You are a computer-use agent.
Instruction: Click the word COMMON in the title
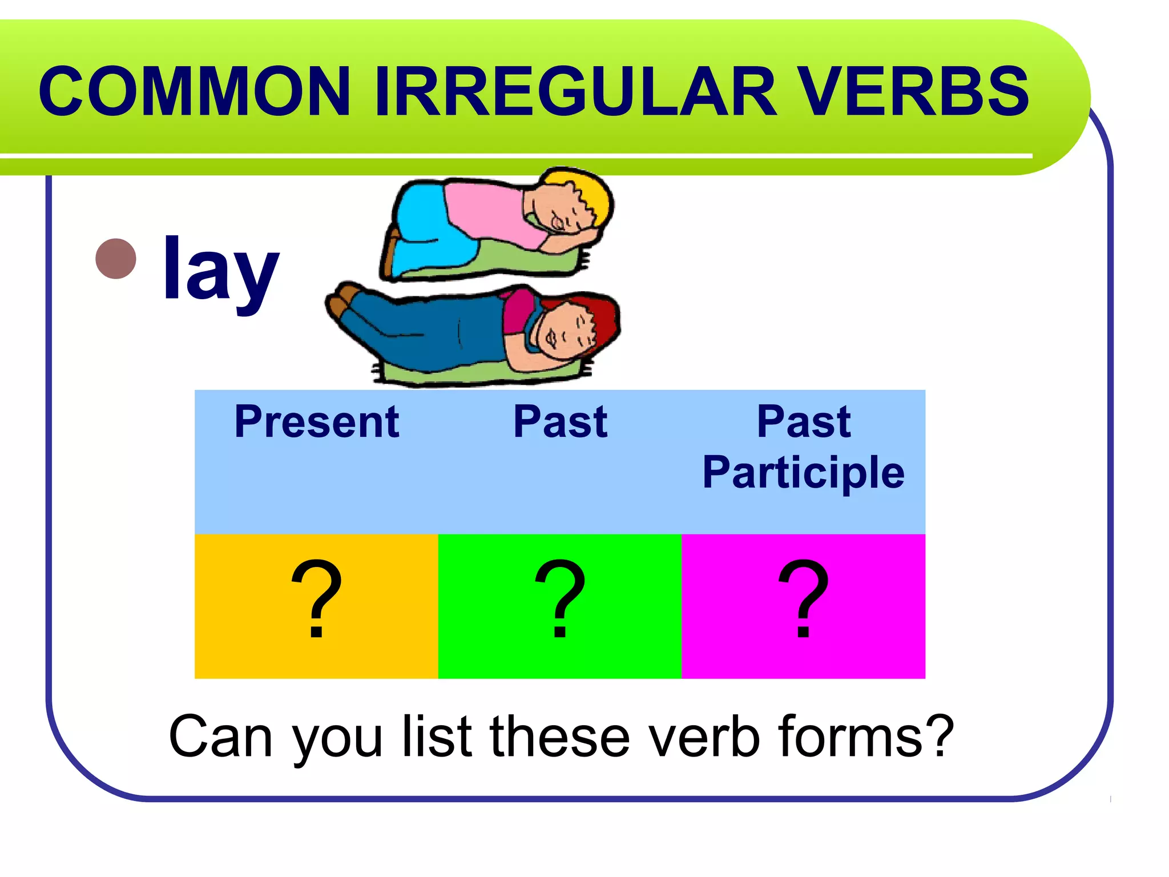pyautogui.click(x=194, y=91)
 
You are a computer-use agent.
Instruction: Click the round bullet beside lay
pyautogui.click(x=116, y=259)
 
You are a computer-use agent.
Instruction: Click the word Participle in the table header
pyautogui.click(x=803, y=473)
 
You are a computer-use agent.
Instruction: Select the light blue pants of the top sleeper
pyautogui.click(x=428, y=228)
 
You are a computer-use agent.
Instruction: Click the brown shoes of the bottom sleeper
pyautogui.click(x=342, y=300)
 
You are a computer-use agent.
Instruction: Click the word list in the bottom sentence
pyautogui.click(x=437, y=737)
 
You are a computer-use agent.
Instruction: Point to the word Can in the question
pyautogui.click(x=220, y=737)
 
